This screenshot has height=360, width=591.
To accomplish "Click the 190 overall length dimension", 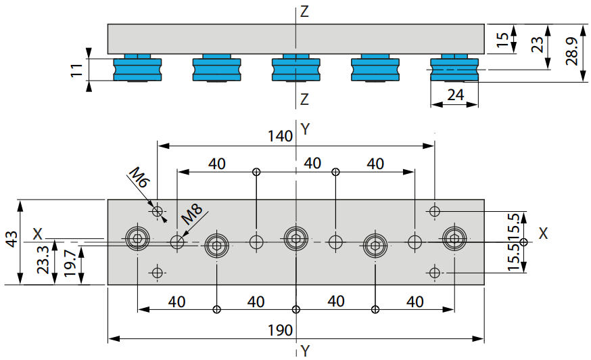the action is point(280,330).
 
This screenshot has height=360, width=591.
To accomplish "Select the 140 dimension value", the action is point(280,136).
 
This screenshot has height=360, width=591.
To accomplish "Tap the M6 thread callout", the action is point(139,177).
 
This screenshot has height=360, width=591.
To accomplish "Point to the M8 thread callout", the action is point(192,214).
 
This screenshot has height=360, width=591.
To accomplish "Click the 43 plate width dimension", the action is point(11,240).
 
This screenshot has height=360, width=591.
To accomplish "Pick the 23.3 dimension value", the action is point(43,260).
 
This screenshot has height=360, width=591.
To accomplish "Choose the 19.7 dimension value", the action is point(70,263).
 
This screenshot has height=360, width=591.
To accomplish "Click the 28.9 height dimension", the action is point(572,51).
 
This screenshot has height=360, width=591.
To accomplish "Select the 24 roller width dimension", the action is point(455,95).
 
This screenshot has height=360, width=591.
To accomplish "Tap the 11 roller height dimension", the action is point(77,70).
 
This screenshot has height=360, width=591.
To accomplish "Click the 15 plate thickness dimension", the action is point(502,40).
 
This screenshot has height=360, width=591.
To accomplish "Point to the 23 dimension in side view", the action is point(537,44).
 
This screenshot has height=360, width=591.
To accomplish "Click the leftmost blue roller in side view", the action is point(137,68).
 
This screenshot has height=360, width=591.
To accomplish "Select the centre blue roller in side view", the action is point(296,68).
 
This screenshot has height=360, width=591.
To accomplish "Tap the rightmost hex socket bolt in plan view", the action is point(454,238).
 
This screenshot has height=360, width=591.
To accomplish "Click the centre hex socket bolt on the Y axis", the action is point(296,238).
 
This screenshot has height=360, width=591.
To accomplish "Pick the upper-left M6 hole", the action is point(157,211).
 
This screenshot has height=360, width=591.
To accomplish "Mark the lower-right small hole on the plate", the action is point(435,273).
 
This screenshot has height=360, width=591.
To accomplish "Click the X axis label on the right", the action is point(543,233).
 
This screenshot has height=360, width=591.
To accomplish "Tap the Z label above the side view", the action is point(304,12).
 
